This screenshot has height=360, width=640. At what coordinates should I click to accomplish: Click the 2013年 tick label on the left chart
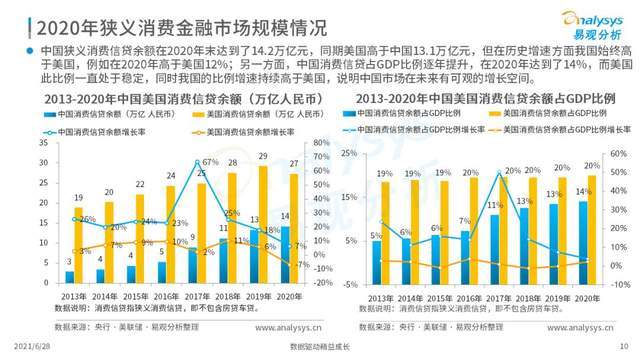point(71,297)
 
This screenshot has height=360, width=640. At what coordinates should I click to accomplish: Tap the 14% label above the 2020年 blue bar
point(585,191)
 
